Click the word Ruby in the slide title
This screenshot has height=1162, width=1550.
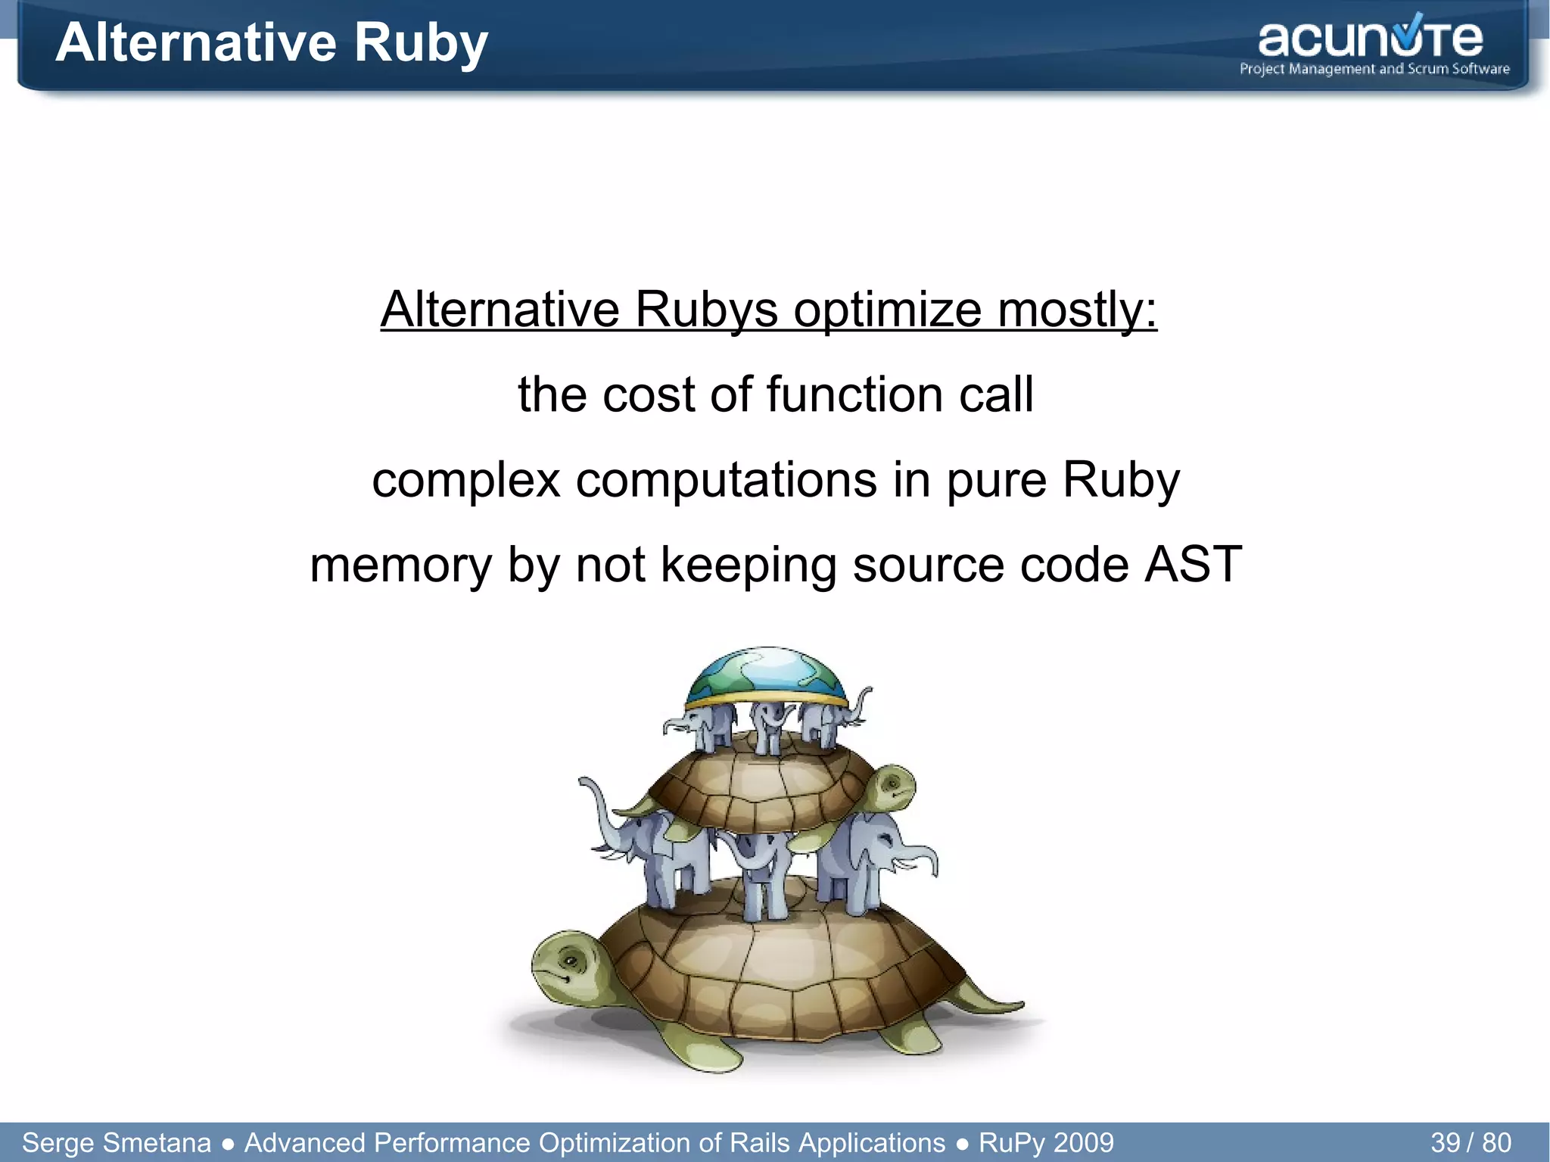pos(421,42)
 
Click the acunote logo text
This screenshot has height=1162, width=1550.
pos(1370,39)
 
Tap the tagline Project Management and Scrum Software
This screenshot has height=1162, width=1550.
pos(1374,69)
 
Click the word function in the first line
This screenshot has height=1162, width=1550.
pos(855,394)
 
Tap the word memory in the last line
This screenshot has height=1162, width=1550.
pos(400,565)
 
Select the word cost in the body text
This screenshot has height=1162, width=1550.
pos(648,394)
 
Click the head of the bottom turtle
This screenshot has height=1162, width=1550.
pos(568,965)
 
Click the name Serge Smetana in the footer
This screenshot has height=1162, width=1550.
pos(117,1142)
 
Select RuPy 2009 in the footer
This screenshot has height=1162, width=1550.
pos(1046,1142)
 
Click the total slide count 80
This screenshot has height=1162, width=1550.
pos(1496,1142)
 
